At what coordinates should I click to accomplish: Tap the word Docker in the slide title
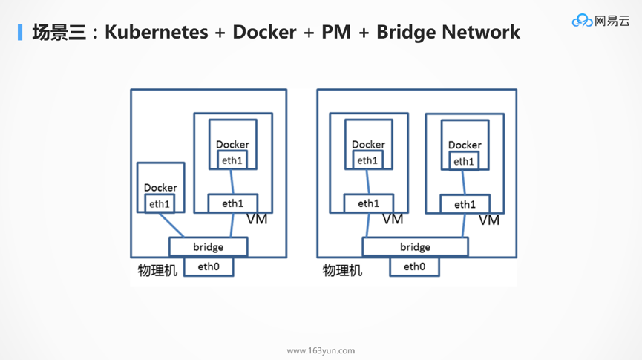[264, 32]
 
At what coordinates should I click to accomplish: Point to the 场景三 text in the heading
[59, 32]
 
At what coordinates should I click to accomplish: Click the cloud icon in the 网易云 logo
[582, 21]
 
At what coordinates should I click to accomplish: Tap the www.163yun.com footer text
[321, 350]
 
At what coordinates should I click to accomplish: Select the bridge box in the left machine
[208, 246]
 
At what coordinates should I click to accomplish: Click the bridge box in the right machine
[415, 246]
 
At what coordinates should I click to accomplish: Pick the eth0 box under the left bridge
[209, 266]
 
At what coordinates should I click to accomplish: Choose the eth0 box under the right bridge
[414, 266]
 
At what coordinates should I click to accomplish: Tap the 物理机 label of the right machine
[342, 270]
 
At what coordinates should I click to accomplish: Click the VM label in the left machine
[257, 219]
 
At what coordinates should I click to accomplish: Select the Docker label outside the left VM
[160, 188]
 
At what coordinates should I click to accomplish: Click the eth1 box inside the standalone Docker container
[160, 204]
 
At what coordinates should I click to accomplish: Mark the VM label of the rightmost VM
[488, 220]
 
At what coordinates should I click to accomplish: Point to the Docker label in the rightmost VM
[465, 145]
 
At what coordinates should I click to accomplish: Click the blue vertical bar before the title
[21, 32]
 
